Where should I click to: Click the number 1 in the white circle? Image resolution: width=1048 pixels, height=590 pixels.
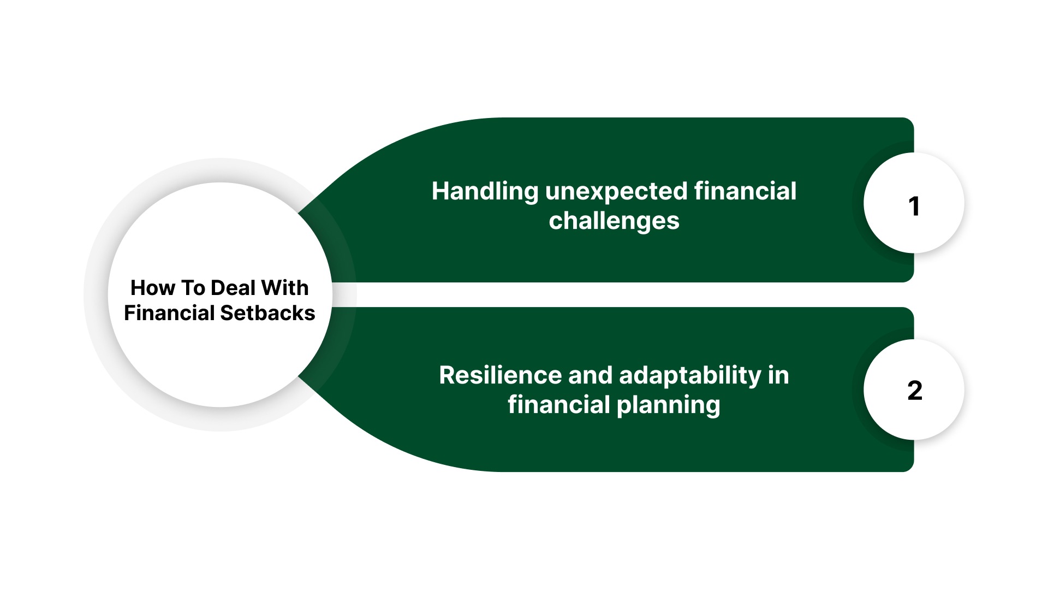(914, 206)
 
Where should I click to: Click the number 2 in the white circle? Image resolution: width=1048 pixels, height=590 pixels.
(914, 391)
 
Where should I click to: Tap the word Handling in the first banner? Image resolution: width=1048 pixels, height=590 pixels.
(485, 192)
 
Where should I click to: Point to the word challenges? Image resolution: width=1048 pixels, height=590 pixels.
(614, 221)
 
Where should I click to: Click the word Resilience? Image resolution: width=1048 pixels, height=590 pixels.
(500, 375)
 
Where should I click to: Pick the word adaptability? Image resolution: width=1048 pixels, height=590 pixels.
(690, 375)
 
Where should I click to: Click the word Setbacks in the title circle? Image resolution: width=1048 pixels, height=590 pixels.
(267, 313)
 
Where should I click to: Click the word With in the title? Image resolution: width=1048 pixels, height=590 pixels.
(284, 288)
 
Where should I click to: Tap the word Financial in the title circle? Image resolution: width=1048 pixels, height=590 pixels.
(169, 313)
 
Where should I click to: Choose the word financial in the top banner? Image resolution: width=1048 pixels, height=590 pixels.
(745, 192)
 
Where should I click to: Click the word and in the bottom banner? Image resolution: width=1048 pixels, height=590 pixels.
(591, 375)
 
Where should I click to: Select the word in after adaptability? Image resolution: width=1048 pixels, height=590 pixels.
(778, 375)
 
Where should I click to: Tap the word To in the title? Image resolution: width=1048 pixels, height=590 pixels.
(193, 288)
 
